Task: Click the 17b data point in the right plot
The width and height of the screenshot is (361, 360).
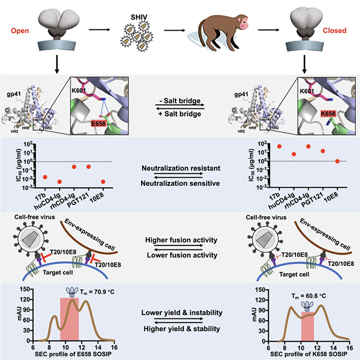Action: (x=265, y=146)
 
